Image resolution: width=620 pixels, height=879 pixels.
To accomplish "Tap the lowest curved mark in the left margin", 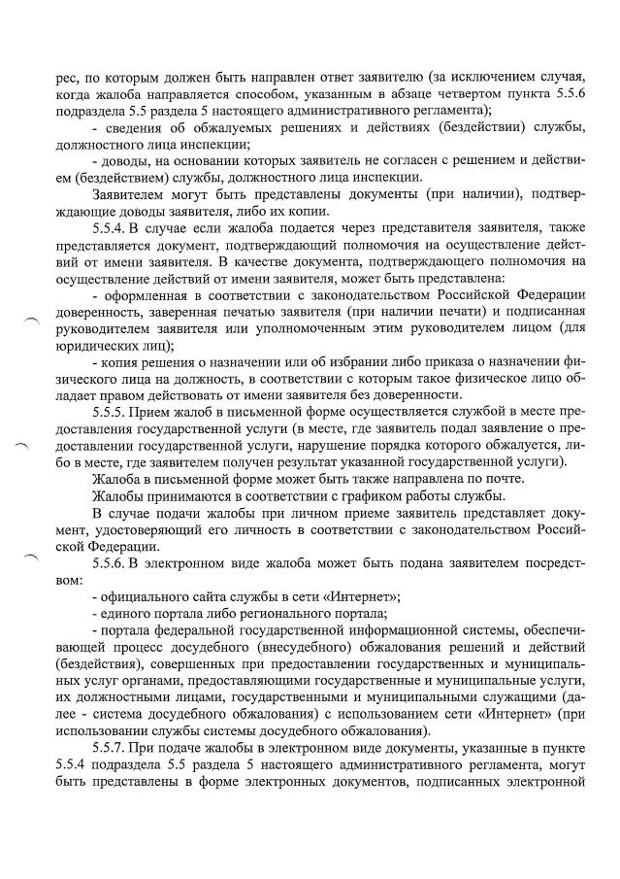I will [33, 557].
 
